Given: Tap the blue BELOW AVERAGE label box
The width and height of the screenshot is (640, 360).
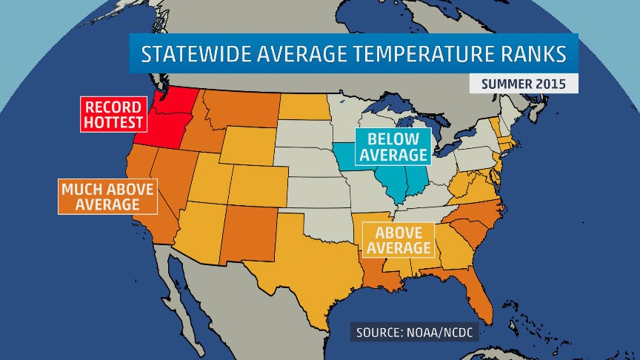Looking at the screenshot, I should coord(392,147).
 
